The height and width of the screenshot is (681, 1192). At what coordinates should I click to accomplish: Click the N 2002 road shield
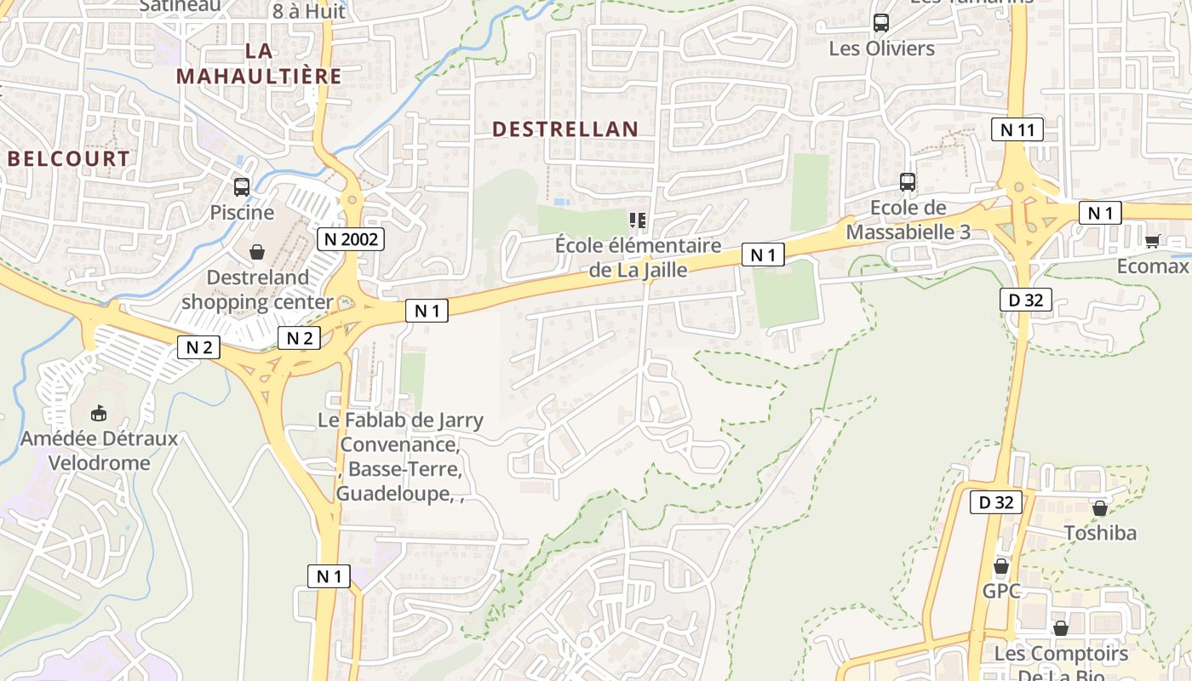click(x=351, y=240)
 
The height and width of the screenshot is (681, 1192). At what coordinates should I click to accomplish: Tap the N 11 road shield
click(x=1017, y=130)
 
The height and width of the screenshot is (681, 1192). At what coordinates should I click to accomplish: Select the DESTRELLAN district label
click(x=565, y=129)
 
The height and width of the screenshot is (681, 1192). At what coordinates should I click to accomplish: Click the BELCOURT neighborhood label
click(x=69, y=159)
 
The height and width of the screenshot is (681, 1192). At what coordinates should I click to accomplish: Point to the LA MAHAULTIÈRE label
click(x=259, y=64)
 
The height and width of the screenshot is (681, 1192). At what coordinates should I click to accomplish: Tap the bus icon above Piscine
click(x=242, y=187)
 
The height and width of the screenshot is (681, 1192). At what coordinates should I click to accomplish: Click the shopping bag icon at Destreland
click(x=256, y=252)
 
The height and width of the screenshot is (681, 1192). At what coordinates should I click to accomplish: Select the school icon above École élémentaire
click(x=638, y=221)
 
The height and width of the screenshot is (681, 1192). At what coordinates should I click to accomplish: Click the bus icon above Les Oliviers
click(x=881, y=23)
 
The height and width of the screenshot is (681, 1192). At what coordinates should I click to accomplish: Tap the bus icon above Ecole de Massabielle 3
click(x=908, y=182)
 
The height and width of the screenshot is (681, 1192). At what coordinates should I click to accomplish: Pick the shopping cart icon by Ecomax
click(x=1152, y=242)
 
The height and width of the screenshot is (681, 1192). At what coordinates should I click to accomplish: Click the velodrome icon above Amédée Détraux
click(x=99, y=414)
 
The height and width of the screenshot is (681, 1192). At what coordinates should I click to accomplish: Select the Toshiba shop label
click(x=1100, y=533)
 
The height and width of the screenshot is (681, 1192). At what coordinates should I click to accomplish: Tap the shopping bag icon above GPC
click(x=1001, y=566)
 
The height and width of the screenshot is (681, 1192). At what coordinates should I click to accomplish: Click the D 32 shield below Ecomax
click(x=1025, y=300)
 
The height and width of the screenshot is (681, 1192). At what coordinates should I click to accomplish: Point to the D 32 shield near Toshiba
click(x=996, y=502)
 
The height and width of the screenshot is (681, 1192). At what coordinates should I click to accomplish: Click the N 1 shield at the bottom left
click(x=329, y=576)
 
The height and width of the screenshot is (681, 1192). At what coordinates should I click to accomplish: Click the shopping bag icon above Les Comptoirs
click(x=1061, y=629)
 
